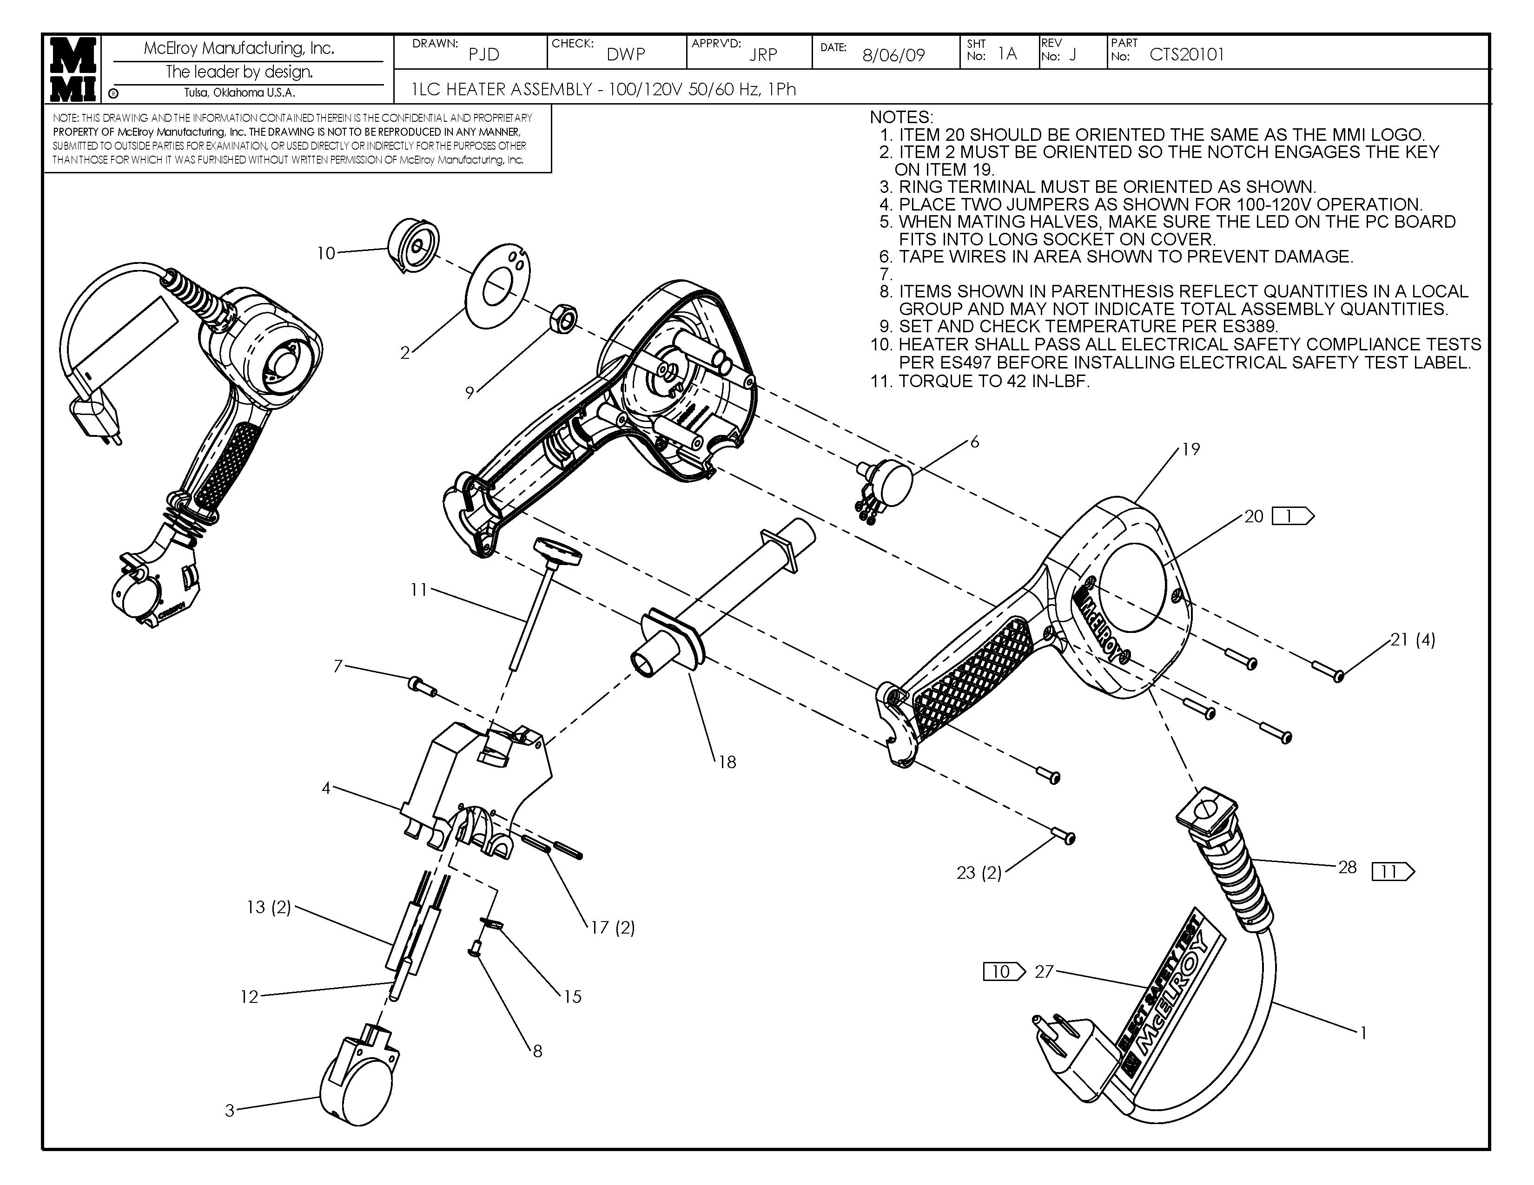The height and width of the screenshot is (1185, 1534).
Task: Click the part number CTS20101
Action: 1186,55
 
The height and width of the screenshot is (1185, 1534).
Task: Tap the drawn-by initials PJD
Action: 483,55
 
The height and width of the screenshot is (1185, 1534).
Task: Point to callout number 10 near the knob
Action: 326,253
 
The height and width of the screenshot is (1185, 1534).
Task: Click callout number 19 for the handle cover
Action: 1190,449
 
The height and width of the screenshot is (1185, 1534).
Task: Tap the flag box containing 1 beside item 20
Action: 1292,517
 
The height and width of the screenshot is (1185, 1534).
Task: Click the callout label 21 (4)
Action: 1413,639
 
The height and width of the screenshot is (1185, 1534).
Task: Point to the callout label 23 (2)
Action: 979,873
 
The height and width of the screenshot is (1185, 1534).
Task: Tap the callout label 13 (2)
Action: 268,907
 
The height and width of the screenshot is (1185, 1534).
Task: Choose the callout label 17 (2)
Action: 613,928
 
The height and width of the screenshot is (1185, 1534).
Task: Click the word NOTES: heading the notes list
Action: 901,117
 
